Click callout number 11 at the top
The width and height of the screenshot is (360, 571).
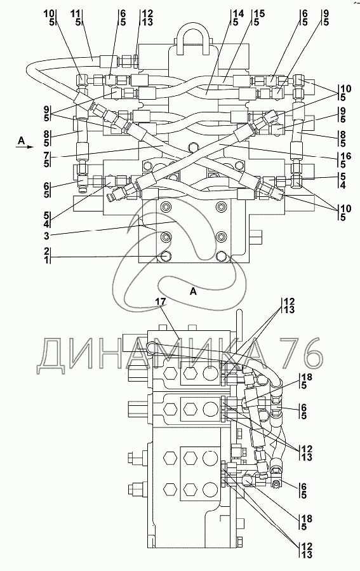pos(76,14)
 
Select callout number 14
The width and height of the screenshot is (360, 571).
pos(238,14)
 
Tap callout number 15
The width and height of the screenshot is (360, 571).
pos(260,14)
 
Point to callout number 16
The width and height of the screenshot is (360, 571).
pos(346,156)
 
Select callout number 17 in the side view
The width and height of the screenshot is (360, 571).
pos(161,302)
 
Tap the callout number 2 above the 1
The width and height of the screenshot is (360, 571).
pos(47,251)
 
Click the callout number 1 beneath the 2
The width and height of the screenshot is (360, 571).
pos(47,259)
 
